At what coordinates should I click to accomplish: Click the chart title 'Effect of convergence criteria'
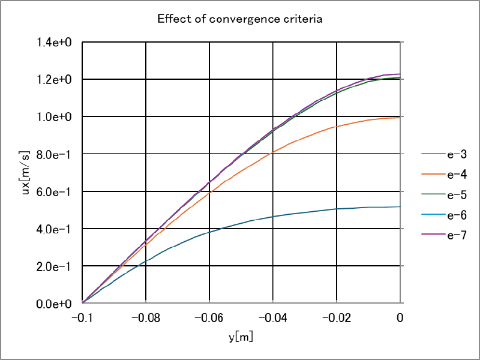240,19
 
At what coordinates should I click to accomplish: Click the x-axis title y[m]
241,337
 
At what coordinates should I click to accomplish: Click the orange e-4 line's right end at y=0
400,118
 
